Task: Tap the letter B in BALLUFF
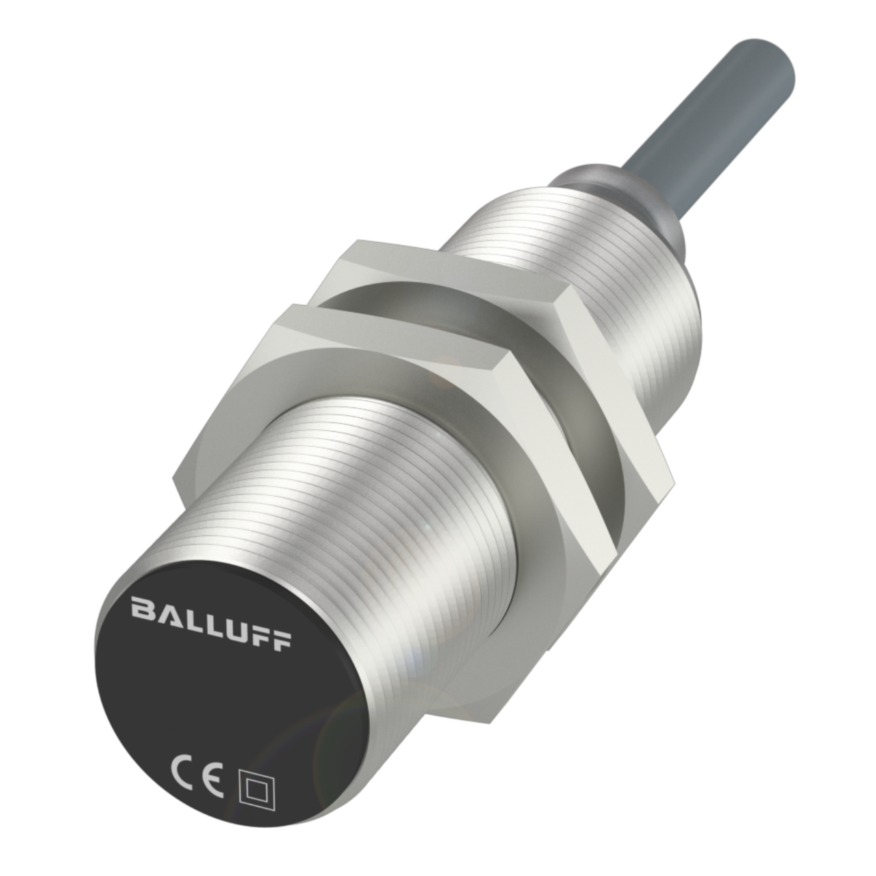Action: (x=142, y=608)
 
